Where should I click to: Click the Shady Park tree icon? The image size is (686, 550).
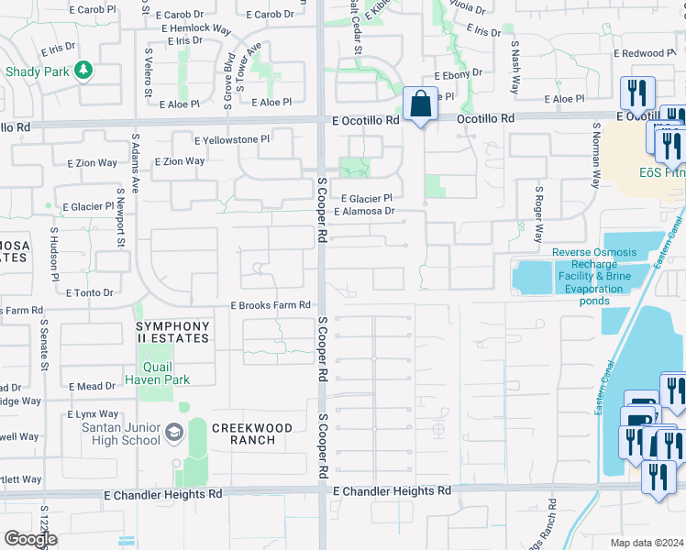(83, 70)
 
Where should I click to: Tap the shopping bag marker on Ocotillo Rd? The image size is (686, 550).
(420, 104)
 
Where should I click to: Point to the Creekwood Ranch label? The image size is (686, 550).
(252, 434)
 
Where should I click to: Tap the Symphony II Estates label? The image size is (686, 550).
(172, 332)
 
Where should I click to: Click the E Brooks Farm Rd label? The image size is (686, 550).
(271, 304)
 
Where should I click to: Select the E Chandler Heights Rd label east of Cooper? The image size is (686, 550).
(392, 491)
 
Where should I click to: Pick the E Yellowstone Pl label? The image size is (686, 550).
(232, 139)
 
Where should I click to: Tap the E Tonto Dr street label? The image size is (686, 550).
(90, 292)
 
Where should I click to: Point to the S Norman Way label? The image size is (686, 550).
(596, 156)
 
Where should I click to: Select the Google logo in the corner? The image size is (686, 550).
(30, 539)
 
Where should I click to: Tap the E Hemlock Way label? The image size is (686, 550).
(195, 28)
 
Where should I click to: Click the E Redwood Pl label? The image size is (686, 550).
(641, 53)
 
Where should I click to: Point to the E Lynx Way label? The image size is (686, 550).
(93, 414)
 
